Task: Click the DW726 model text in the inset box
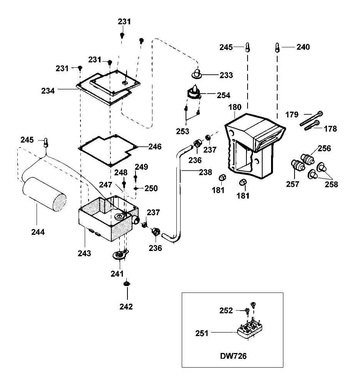click(233, 356)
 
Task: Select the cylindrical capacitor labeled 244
click(44, 194)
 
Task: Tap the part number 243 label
click(84, 253)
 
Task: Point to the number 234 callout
click(48, 91)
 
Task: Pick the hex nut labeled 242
click(127, 283)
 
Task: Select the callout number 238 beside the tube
click(206, 172)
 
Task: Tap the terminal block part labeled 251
click(250, 329)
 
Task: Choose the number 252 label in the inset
click(226, 311)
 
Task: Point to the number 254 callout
click(223, 95)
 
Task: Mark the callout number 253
click(183, 131)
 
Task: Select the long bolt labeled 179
click(311, 119)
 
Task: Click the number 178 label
click(330, 129)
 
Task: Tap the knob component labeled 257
click(298, 165)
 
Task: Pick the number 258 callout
click(331, 184)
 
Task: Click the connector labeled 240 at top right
click(277, 47)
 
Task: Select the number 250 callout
click(151, 188)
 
